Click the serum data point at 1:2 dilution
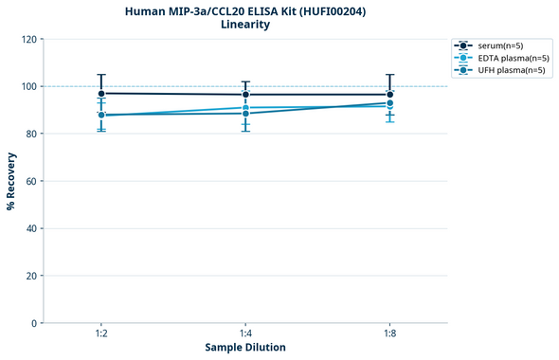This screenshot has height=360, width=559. [x=101, y=94]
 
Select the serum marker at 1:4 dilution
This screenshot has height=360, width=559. [x=245, y=95]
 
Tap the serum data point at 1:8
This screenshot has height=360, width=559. [x=389, y=95]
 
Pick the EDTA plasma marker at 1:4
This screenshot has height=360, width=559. [x=245, y=108]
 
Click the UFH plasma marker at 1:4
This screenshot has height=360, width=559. [x=245, y=114]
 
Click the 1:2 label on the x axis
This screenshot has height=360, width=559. [x=101, y=334]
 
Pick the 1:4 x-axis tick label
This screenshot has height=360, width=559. [x=245, y=334]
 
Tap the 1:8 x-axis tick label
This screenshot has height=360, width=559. [x=389, y=334]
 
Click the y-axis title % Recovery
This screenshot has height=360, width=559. [x=11, y=181]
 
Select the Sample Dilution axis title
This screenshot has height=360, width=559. [x=245, y=348]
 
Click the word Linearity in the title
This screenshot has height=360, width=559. [x=245, y=25]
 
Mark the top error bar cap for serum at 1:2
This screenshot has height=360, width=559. [x=101, y=75]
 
